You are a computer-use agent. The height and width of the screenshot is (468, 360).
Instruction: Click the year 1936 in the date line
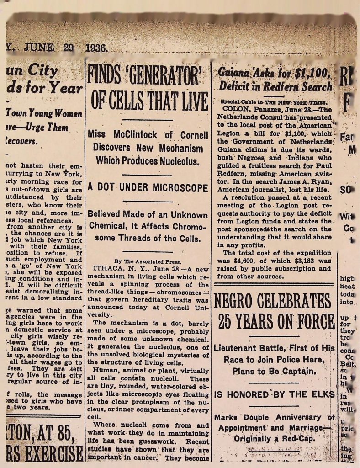[95, 48]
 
